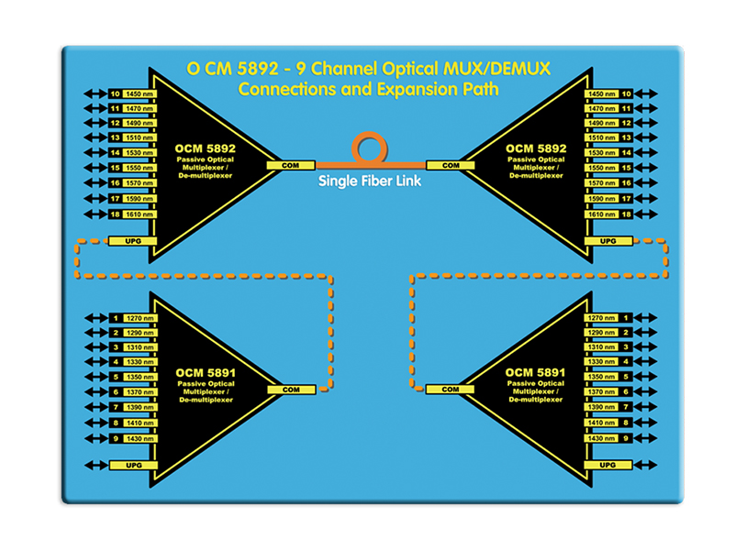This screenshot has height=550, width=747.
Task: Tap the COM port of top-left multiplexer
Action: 290,165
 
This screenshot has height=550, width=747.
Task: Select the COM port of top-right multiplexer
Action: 451,165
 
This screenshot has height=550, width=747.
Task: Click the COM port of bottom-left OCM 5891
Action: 290,390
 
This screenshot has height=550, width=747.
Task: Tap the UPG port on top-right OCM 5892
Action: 608,241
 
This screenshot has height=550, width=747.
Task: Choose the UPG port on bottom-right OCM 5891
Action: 608,466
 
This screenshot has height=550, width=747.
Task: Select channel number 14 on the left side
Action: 115,153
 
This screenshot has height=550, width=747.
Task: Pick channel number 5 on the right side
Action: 625,377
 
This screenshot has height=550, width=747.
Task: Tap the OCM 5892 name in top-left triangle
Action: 204,147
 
